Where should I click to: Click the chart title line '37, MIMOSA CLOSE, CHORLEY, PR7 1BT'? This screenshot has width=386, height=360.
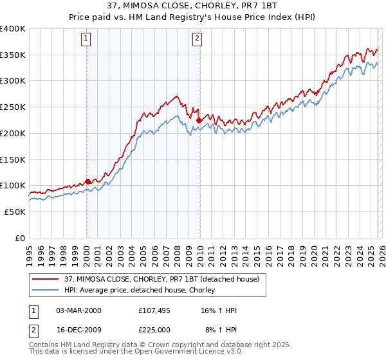pyautogui.click(x=193, y=6)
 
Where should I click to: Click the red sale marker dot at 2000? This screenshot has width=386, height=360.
pyautogui.click(x=87, y=182)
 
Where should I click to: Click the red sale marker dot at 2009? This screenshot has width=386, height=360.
pyautogui.click(x=199, y=120)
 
